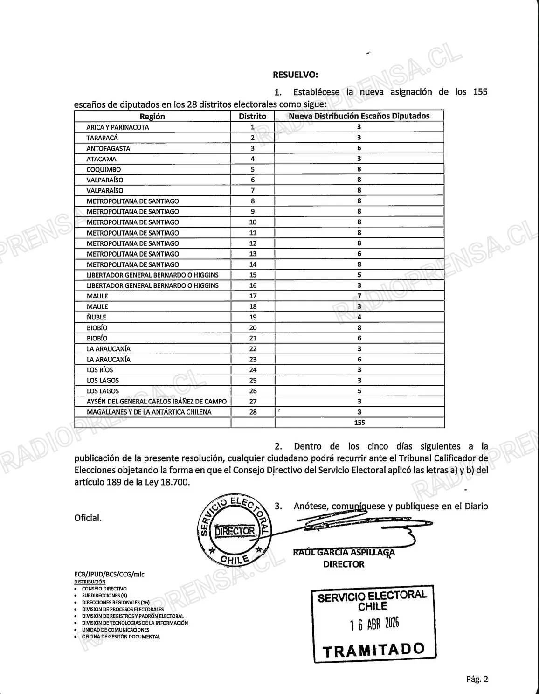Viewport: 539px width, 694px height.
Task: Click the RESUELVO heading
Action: [295, 75]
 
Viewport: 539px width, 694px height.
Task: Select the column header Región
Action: [152, 117]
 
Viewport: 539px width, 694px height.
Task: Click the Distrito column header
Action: [252, 117]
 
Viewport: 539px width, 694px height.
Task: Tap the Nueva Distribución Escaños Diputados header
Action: [359, 116]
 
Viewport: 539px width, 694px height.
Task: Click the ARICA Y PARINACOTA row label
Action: [117, 127]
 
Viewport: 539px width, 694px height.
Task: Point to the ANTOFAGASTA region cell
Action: [108, 148]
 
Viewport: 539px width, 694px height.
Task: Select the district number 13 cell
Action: [253, 254]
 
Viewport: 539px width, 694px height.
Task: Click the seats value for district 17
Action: [359, 296]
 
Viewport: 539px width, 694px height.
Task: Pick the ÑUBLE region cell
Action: [97, 317]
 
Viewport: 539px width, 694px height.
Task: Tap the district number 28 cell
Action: [253, 412]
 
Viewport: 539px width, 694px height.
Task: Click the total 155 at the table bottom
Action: [359, 423]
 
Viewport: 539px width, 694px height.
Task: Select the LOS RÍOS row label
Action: [100, 370]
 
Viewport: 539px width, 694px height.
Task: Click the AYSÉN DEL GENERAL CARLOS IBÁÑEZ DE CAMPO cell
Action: [156, 401]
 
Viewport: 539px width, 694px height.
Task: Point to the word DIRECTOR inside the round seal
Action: [235, 531]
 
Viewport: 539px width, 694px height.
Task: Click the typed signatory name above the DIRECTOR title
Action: [344, 553]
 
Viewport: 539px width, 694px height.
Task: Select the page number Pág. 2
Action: [477, 680]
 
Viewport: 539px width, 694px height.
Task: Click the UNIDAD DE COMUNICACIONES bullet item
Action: [116, 630]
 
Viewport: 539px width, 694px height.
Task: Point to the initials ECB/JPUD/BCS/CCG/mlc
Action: [109, 574]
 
